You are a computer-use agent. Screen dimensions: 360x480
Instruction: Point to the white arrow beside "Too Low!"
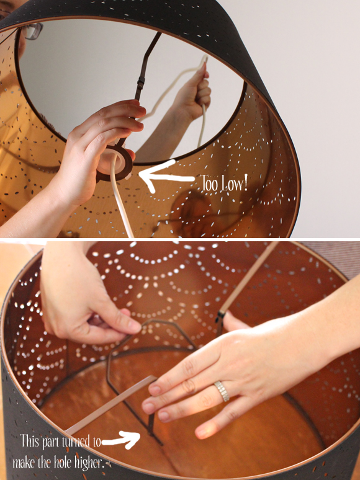click(166, 176)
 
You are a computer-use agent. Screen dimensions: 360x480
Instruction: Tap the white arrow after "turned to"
click(121, 440)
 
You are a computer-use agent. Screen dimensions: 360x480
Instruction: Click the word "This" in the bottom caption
click(30, 441)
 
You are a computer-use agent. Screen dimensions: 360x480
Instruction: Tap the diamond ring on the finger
click(222, 391)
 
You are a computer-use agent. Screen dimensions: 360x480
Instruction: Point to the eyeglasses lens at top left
click(32, 31)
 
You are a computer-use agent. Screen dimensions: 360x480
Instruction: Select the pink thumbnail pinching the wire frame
click(135, 326)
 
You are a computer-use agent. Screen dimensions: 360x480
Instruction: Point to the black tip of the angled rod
click(220, 317)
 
